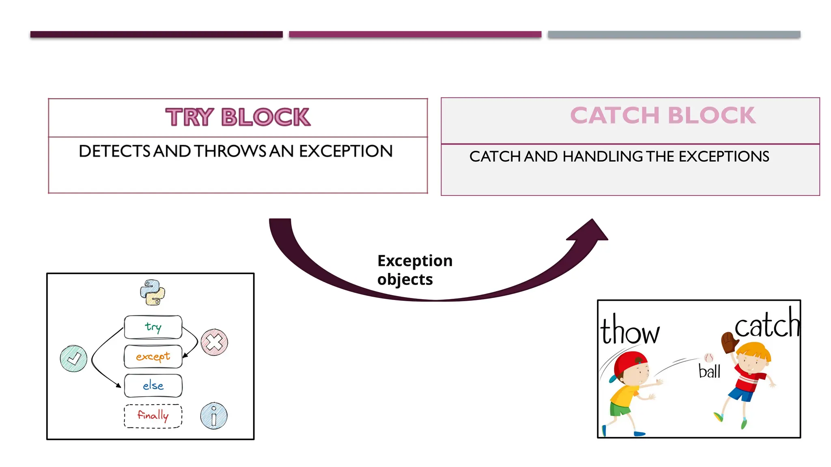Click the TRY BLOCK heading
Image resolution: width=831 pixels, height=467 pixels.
click(x=238, y=117)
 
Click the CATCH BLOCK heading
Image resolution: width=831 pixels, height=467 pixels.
click(x=663, y=115)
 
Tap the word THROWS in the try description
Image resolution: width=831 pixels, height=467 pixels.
click(x=230, y=151)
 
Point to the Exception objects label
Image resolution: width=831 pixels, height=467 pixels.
click(x=414, y=270)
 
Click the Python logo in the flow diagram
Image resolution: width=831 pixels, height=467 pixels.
click(x=153, y=292)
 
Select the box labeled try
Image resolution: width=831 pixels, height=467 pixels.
click(x=153, y=327)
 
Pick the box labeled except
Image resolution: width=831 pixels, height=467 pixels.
click(x=153, y=356)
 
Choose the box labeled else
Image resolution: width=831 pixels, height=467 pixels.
click(x=153, y=386)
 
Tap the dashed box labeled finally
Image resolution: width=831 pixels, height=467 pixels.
click(x=153, y=416)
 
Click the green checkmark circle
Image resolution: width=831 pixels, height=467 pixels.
click(x=73, y=358)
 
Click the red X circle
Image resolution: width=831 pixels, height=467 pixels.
click(x=214, y=342)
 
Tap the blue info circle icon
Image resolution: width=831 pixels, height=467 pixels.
click(x=214, y=416)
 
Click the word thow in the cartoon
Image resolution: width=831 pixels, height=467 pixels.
click(x=630, y=331)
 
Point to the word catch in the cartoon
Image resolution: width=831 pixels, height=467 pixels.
click(x=766, y=324)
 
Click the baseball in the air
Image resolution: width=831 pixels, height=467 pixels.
click(x=708, y=358)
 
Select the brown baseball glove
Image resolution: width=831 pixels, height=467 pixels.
click(x=729, y=343)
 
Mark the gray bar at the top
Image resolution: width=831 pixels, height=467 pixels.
click(x=674, y=34)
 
